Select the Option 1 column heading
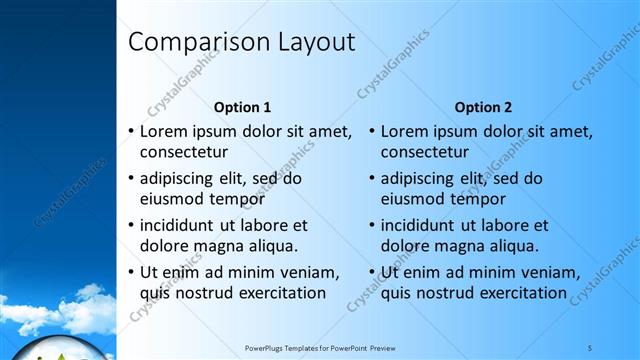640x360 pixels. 242,107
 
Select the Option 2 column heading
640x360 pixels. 483,107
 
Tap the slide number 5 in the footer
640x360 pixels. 590,348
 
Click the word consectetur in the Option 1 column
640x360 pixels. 183,152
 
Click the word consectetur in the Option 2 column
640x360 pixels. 424,152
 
